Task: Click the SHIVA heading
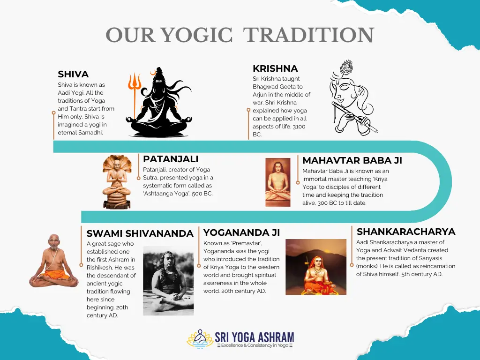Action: pyautogui.click(x=73, y=74)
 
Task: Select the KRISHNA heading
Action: pyautogui.click(x=275, y=68)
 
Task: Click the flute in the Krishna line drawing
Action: pyautogui.click(x=354, y=117)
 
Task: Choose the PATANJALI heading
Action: pyautogui.click(x=171, y=159)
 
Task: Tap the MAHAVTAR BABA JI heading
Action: pyautogui.click(x=352, y=160)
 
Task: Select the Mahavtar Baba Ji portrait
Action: pyautogui.click(x=278, y=182)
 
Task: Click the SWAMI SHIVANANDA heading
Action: pyautogui.click(x=140, y=233)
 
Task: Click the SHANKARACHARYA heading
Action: pyautogui.click(x=406, y=232)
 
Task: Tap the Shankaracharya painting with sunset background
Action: pyautogui.click(x=315, y=267)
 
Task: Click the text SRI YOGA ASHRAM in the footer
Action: pyautogui.click(x=254, y=337)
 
